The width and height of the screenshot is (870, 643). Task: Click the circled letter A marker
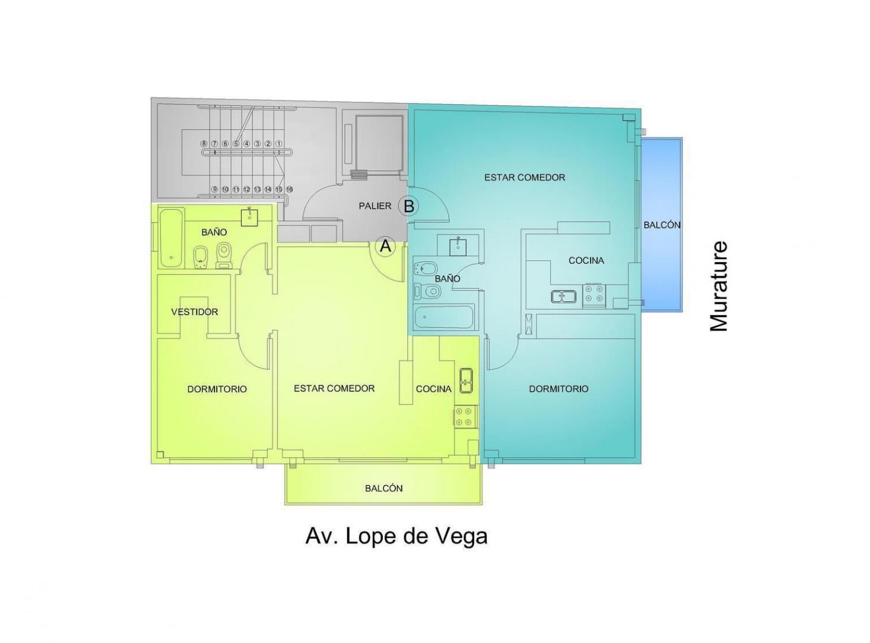[386, 246]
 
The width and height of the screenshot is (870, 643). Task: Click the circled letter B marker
[409, 206]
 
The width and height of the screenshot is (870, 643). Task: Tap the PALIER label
[375, 206]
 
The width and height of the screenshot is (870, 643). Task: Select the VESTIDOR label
[195, 312]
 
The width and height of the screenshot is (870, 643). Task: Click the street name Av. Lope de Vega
[396, 536]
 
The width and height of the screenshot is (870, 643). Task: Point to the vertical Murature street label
[719, 286]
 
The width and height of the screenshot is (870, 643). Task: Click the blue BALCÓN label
[662, 225]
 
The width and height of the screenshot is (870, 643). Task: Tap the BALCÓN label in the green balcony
[383, 488]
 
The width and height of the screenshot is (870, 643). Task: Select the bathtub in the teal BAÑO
[444, 317]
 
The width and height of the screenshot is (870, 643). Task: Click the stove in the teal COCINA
[594, 295]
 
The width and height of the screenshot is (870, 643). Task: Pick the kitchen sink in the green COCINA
[466, 380]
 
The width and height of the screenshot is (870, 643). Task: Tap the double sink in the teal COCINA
[563, 296]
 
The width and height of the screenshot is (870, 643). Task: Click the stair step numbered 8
[204, 143]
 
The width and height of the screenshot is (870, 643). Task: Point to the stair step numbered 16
[289, 189]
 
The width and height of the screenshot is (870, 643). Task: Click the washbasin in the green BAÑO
[250, 216]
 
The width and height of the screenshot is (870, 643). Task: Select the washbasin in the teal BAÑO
[458, 245]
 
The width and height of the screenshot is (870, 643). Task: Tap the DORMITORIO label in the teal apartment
[559, 389]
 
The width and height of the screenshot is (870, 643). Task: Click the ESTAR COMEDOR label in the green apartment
[334, 388]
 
